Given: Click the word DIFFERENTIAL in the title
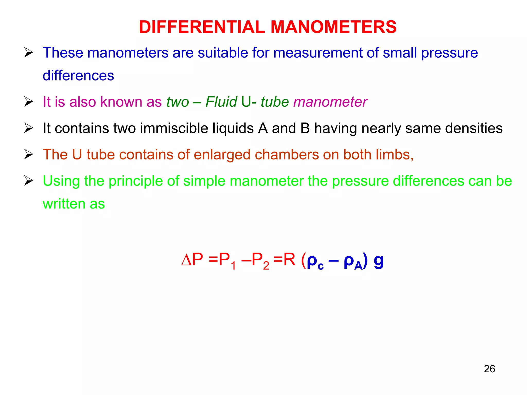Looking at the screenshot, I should tap(202, 27).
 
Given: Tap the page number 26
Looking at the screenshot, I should tap(489, 369).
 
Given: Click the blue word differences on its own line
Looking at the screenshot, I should tap(78, 76).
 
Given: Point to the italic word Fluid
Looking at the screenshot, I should tap(221, 102).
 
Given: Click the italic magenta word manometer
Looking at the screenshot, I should tap(330, 102).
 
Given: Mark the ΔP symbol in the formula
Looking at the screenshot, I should tap(192, 260).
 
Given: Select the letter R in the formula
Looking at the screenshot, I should tap(289, 260).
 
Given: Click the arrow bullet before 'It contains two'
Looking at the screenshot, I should tap(29, 128).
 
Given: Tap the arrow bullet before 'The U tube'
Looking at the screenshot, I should tap(29, 155).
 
